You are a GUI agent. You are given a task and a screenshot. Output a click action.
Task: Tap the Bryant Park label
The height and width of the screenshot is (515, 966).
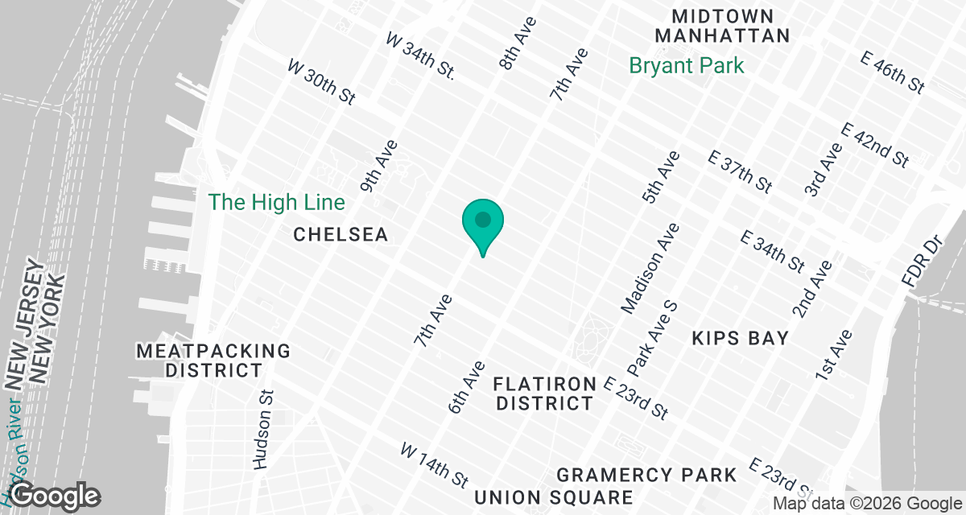687,65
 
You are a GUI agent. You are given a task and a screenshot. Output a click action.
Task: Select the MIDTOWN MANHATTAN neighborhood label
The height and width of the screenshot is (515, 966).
722,26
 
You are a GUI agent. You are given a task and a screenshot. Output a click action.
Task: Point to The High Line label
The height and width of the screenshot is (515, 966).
277,202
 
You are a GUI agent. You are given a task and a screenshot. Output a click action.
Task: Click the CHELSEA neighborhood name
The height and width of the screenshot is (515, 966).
341,234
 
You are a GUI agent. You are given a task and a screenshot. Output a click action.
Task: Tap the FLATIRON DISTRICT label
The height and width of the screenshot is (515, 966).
545,393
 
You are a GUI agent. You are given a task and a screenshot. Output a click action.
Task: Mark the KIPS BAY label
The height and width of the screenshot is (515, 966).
740,338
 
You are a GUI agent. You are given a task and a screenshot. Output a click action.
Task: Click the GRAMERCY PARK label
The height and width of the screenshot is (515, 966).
646,475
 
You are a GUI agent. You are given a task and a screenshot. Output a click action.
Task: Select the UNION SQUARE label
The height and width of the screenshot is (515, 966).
553,497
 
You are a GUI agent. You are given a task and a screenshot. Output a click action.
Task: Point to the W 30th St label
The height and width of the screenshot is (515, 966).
321,81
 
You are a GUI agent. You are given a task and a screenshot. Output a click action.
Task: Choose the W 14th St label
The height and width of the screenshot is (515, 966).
435,464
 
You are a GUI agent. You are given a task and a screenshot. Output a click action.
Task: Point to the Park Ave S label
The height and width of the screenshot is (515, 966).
652,338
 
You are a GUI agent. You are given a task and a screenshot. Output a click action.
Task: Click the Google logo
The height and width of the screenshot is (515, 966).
55,495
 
